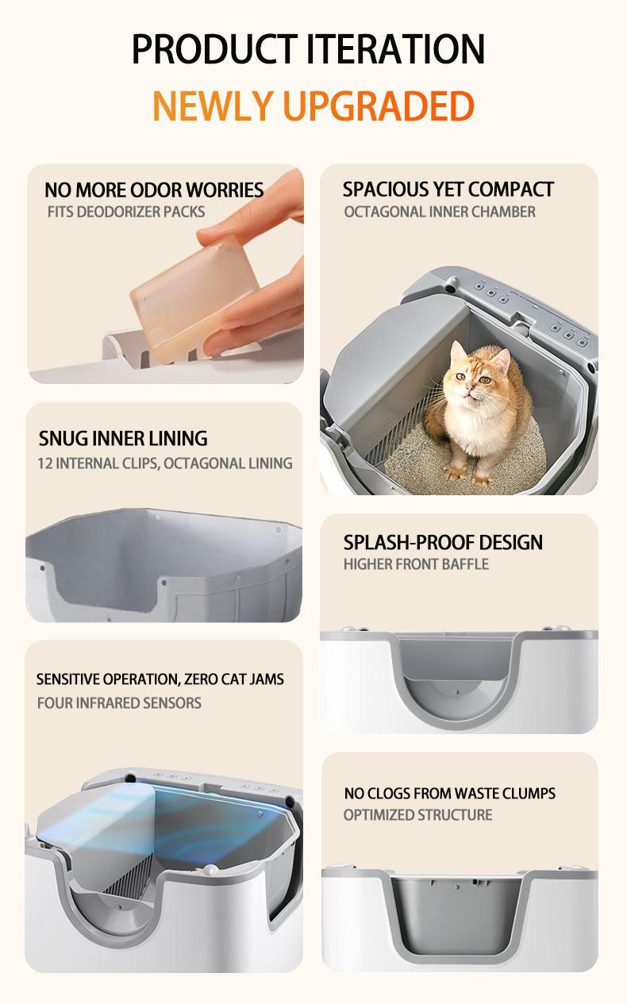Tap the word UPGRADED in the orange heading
click(379, 106)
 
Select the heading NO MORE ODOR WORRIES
click(154, 190)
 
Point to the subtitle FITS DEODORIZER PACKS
click(126, 212)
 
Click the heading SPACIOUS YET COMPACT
click(448, 189)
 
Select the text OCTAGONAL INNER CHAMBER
click(440, 212)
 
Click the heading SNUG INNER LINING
click(123, 438)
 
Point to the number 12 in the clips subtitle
click(45, 463)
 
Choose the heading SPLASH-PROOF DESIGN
click(443, 542)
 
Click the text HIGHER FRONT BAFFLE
click(417, 564)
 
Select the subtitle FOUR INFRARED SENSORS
click(119, 703)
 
